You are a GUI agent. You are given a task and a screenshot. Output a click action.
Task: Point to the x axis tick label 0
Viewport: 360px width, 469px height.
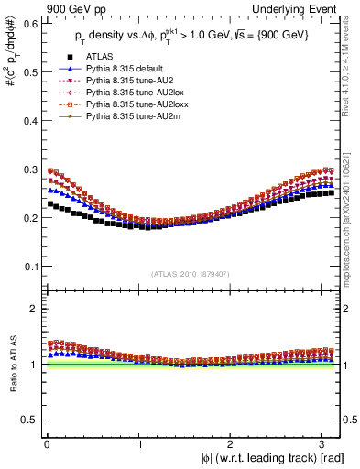(47, 442)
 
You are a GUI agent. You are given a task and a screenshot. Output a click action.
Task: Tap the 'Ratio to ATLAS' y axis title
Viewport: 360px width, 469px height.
(11, 366)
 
